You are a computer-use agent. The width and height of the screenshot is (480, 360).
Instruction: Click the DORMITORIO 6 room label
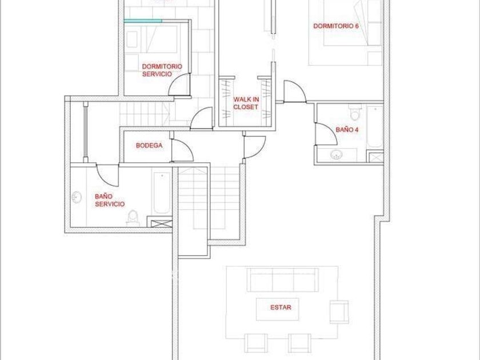click(336, 26)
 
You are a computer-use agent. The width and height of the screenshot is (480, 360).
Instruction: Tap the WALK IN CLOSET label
click(246, 103)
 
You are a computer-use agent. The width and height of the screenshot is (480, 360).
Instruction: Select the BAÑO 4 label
click(347, 130)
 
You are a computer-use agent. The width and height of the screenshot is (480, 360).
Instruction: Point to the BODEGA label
click(149, 145)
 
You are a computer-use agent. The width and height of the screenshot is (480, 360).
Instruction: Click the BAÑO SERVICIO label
click(110, 200)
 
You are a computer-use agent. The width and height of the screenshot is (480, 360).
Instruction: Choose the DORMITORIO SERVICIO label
click(162, 70)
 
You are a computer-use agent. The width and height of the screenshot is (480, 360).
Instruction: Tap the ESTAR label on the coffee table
click(281, 307)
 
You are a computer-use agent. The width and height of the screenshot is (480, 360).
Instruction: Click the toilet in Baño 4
click(355, 113)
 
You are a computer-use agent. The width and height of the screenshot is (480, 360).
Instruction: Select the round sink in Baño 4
click(337, 155)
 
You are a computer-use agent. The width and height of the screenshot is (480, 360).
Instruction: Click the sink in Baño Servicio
click(77, 197)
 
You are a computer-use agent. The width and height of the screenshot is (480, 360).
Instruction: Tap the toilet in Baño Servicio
click(133, 218)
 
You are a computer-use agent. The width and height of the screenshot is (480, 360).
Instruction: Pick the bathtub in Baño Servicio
click(162, 193)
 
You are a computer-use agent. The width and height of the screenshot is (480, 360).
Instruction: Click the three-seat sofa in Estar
click(282, 280)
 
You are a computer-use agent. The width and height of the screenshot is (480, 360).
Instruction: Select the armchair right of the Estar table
click(339, 312)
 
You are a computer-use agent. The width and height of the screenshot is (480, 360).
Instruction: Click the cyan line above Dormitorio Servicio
click(143, 21)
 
